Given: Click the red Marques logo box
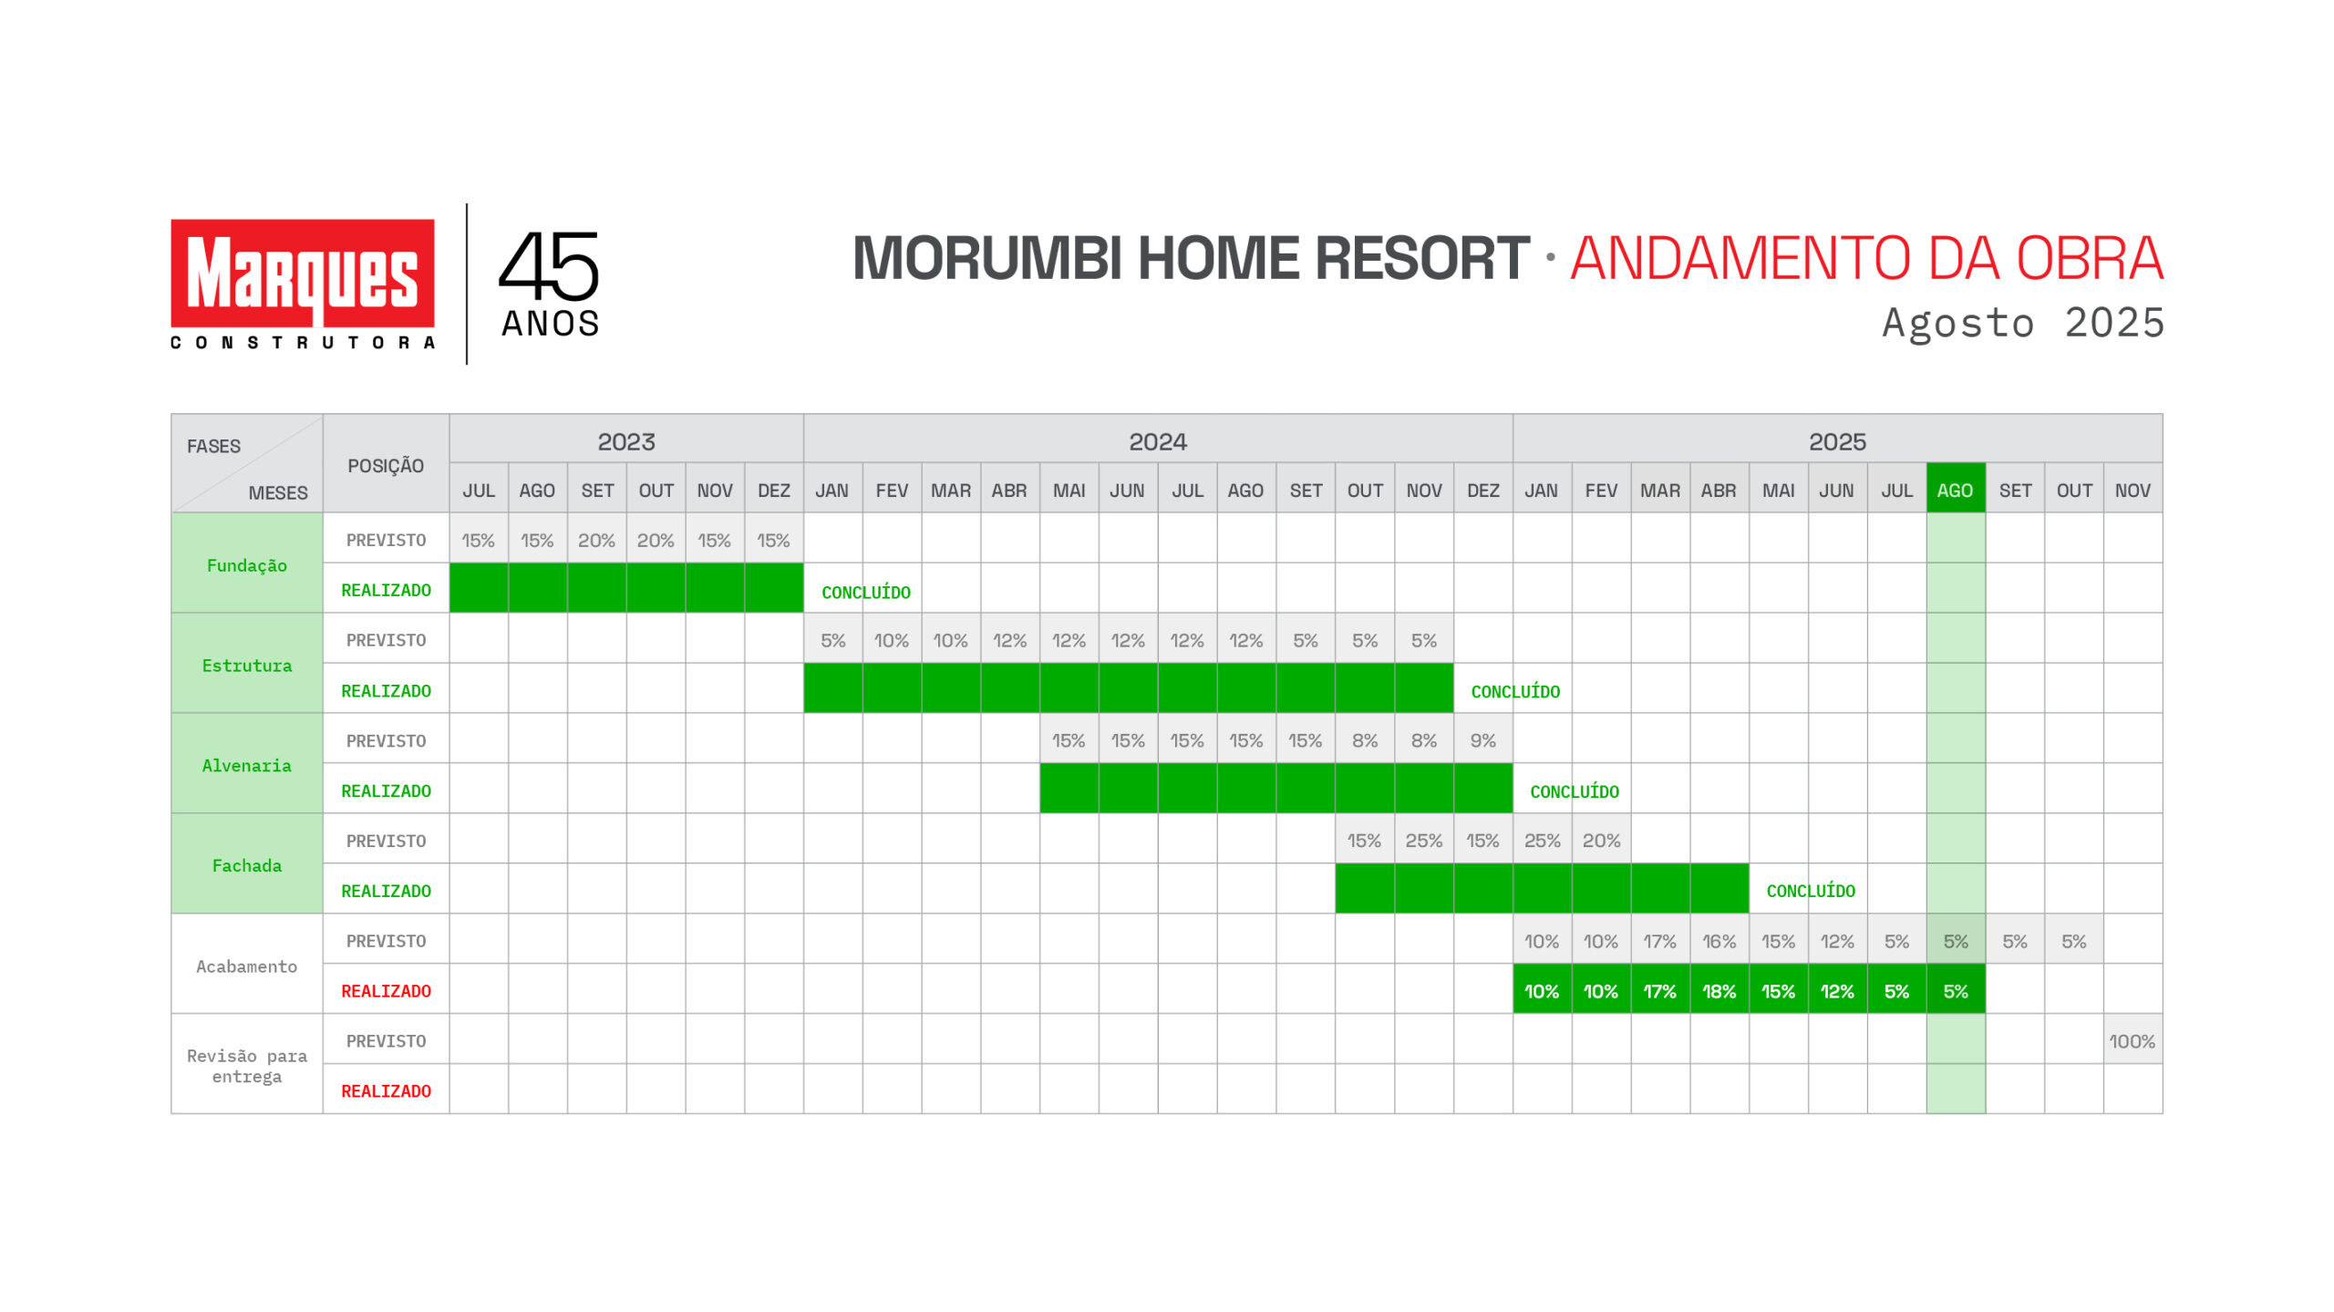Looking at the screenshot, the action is pyautogui.click(x=302, y=273).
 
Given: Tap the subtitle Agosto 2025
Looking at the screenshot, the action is pyautogui.click(x=2023, y=324).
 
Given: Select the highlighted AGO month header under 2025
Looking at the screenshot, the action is pyautogui.click(x=1955, y=490).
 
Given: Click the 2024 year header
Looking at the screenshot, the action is pyautogui.click(x=1158, y=442).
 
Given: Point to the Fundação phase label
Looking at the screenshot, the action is pyautogui.click(x=247, y=565).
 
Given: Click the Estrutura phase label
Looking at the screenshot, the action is pyautogui.click(x=247, y=666).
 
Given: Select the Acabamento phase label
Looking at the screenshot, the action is pyautogui.click(x=247, y=966).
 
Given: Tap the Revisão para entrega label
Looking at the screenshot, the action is pyautogui.click(x=247, y=1066).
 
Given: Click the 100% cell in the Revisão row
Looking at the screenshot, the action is pyautogui.click(x=2132, y=1041).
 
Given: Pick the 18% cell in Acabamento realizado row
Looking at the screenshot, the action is pyautogui.click(x=1719, y=991).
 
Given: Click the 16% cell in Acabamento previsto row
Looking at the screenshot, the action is pyautogui.click(x=1719, y=941).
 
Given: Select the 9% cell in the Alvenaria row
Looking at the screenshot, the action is pyautogui.click(x=1482, y=740).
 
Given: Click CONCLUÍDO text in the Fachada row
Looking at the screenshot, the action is pyautogui.click(x=1811, y=891).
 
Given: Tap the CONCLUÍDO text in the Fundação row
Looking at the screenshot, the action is pyautogui.click(x=866, y=593).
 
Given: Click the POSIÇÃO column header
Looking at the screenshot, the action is pyautogui.click(x=386, y=466).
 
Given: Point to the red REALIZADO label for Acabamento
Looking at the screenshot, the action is pyautogui.click(x=386, y=991).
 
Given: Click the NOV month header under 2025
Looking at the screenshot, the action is pyautogui.click(x=2133, y=491).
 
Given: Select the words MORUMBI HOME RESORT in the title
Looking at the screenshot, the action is pyautogui.click(x=1191, y=258).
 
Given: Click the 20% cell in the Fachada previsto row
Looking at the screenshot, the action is pyautogui.click(x=1601, y=841).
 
